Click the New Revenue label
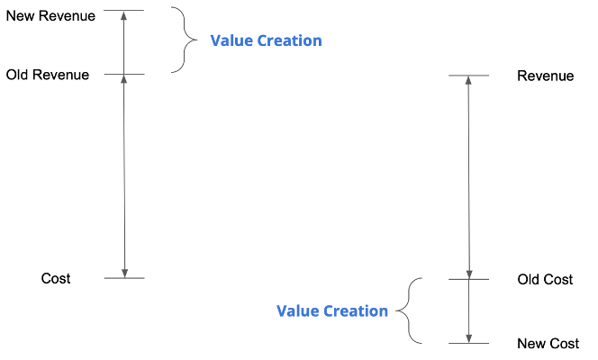(50, 15)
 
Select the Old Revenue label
(48, 75)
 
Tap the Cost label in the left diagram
(56, 278)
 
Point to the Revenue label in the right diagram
(545, 76)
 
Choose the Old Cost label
(545, 280)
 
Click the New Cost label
(548, 344)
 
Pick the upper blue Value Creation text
(266, 40)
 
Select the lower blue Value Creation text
(332, 310)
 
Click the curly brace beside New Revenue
(186, 40)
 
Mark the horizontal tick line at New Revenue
(123, 11)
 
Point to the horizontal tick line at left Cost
(123, 278)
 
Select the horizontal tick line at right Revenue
(468, 75)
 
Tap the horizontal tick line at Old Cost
(468, 279)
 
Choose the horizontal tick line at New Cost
(468, 343)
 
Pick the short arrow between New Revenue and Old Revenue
(124, 43)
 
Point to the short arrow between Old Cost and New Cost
(468, 311)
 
